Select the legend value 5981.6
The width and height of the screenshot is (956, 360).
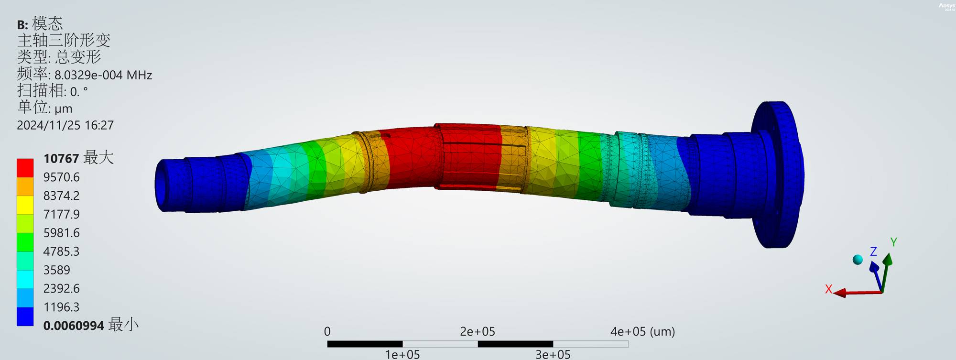click(x=62, y=233)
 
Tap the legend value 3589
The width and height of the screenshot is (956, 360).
click(x=56, y=270)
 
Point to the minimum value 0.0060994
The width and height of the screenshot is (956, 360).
click(x=74, y=326)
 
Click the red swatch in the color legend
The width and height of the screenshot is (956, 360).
click(x=25, y=168)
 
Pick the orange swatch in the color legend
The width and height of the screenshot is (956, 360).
click(x=25, y=186)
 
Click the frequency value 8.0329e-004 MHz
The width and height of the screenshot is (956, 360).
click(x=103, y=75)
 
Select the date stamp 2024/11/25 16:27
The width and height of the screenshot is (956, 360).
click(x=65, y=125)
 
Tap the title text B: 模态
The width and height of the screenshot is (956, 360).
click(x=40, y=24)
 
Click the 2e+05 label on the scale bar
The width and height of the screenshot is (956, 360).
click(x=478, y=331)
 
